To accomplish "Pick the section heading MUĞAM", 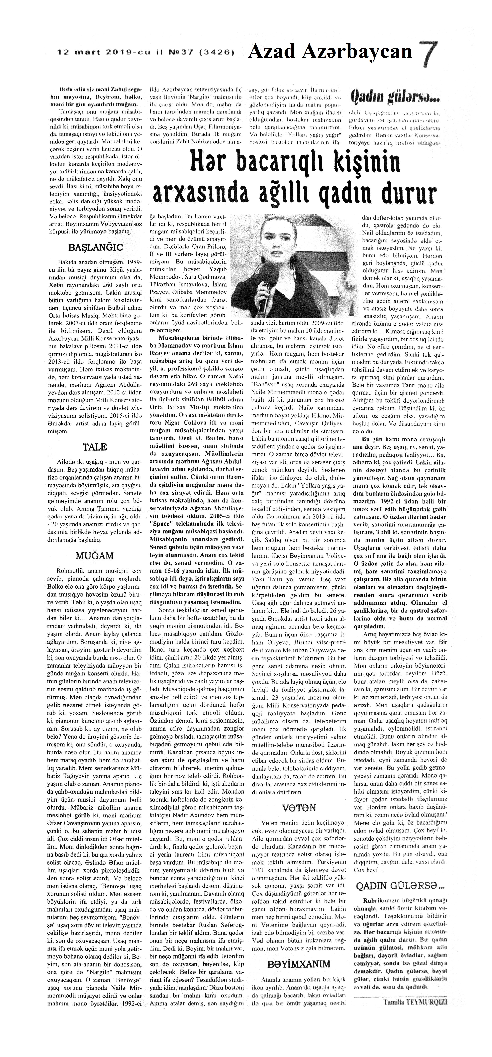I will pos(95,556).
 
